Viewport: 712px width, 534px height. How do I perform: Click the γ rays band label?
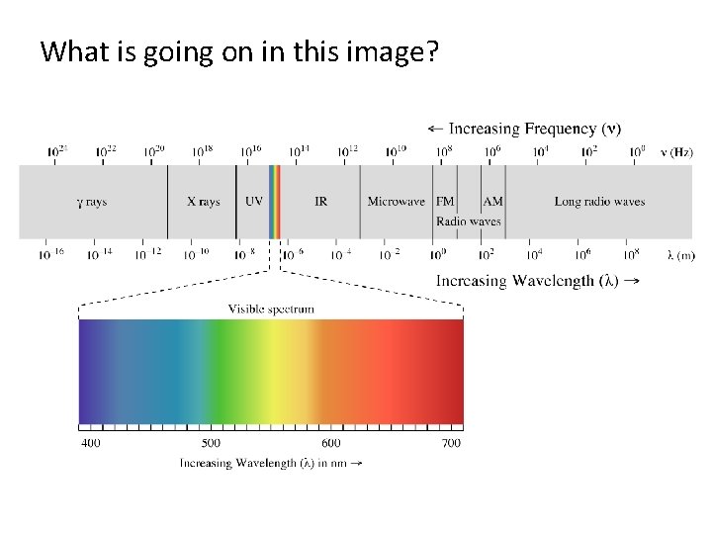tap(92, 202)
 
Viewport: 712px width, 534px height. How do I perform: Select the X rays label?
tap(204, 202)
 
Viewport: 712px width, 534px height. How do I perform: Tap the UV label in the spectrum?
tap(254, 202)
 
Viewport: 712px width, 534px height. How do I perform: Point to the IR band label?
tap(321, 202)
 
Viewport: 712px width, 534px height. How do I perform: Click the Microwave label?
tap(396, 202)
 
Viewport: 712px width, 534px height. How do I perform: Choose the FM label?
tap(446, 202)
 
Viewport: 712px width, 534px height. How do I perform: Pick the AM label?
tap(492, 202)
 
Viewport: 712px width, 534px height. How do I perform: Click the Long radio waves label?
tap(599, 202)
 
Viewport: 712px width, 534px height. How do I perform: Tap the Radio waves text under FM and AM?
tap(469, 222)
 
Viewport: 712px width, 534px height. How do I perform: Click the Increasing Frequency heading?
tap(524, 129)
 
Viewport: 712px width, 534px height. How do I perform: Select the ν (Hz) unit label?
tap(677, 152)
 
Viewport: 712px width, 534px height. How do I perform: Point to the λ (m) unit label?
tap(680, 255)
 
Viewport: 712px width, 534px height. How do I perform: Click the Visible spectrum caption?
tap(271, 309)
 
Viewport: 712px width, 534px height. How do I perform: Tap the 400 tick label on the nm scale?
tap(90, 443)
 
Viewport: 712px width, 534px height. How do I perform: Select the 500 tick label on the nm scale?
tap(211, 443)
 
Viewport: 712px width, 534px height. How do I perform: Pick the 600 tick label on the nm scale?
tap(330, 443)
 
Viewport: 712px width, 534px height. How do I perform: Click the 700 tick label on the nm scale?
tap(451, 443)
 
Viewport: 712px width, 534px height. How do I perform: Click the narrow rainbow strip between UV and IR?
tap(275, 202)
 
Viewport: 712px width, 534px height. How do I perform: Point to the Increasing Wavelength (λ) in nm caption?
tap(270, 463)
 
